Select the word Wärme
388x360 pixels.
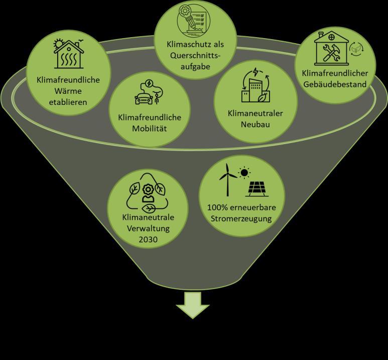click(68, 91)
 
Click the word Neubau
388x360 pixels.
click(254, 124)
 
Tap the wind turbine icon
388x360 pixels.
click(227, 180)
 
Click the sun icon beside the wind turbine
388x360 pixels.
click(245, 173)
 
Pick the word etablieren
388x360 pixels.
click(68, 102)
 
